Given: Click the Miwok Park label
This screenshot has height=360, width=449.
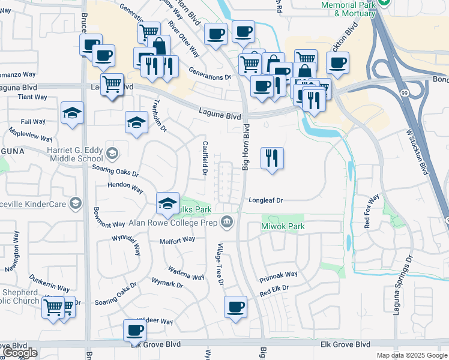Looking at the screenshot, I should pos(283,226).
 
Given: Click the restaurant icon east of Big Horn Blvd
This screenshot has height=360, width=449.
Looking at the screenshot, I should pos(272,158).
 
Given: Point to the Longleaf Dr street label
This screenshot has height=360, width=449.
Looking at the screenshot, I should pos(265,200).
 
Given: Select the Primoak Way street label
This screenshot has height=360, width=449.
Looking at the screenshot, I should pos(279,278).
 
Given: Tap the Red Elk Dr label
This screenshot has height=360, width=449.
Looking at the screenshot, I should pos(274,291).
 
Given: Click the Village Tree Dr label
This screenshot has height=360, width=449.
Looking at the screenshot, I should pos(220,264).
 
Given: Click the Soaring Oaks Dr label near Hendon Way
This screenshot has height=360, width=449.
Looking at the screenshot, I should pos(115,171).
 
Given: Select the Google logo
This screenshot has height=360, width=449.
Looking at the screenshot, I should pos(20,353).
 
